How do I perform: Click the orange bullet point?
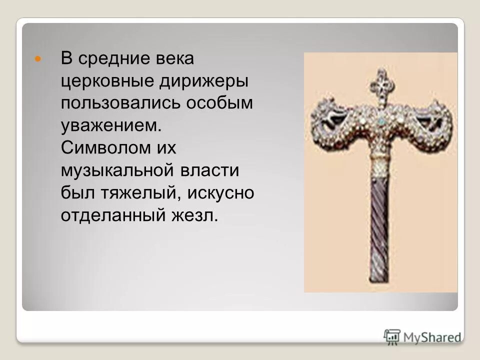[36, 59]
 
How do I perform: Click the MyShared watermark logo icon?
[392, 336]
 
